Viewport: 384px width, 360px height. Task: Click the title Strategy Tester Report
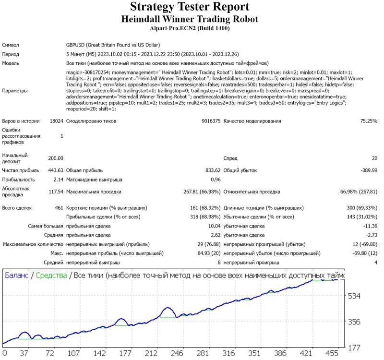190,7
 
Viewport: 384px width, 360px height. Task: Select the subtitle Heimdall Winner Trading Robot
190,19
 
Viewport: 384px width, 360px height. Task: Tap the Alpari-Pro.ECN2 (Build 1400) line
190,28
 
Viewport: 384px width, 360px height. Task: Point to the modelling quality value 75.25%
369,121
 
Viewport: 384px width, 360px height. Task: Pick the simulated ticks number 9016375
211,121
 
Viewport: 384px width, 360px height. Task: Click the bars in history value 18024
56,121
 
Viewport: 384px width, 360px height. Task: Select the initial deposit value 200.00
56,158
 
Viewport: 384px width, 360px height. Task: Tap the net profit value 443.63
56,170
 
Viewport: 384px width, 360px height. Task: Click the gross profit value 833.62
213,170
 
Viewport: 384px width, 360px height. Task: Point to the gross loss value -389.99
369,170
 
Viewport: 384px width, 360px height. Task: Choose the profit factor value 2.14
58,180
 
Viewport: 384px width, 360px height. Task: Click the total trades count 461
59,208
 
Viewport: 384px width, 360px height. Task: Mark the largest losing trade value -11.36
370,226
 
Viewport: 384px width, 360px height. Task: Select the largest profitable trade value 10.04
214,226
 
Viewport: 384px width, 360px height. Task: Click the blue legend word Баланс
17,276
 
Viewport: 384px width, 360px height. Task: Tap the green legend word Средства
51,276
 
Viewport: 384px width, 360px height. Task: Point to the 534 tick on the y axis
354,296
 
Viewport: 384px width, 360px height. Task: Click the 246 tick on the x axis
177,353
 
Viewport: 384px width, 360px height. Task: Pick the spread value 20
375,158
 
